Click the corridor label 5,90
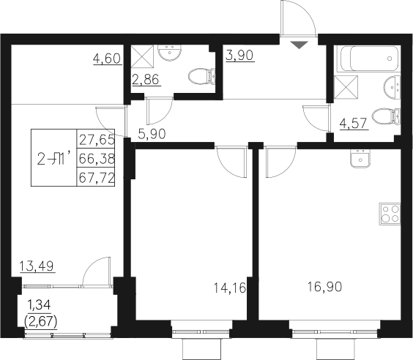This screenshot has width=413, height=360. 152,133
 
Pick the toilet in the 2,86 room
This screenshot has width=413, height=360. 199,76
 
